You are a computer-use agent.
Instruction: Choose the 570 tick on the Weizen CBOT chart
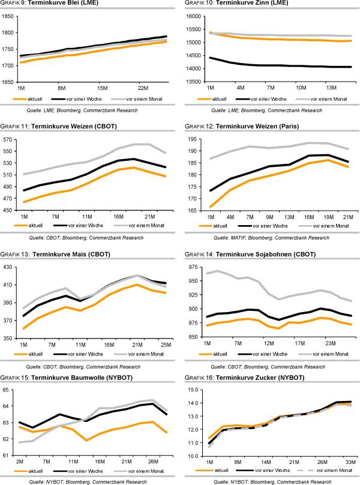9,139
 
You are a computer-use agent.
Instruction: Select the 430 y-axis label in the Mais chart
9,267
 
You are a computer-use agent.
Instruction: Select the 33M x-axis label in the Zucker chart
349,462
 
